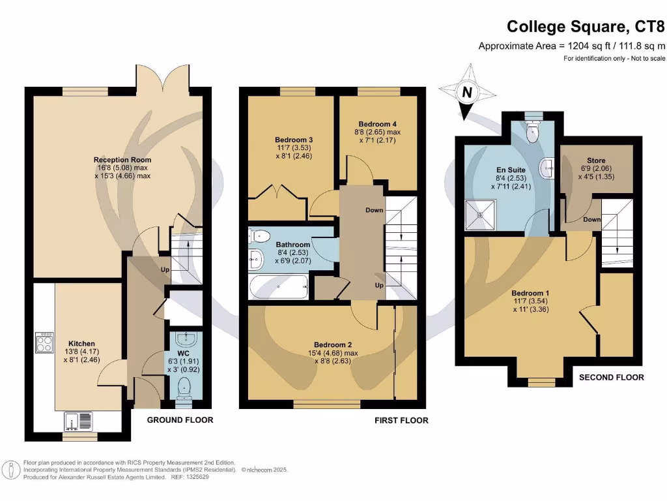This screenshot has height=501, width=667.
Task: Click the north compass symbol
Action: pos(466,93)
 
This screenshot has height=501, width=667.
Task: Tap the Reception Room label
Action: pos(122,160)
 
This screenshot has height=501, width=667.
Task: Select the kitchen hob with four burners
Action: pos(44,343)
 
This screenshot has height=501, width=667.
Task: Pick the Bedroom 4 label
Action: pos(377,124)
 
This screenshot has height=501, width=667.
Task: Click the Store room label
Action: pos(596,160)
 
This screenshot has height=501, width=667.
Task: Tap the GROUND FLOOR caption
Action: pos(180,420)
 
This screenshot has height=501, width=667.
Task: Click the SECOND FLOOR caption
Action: pos(611,377)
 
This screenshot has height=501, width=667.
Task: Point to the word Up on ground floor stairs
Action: pos(165,269)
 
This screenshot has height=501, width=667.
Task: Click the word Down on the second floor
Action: pos(591,220)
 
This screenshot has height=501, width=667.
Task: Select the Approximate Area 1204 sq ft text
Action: pos(572,46)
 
